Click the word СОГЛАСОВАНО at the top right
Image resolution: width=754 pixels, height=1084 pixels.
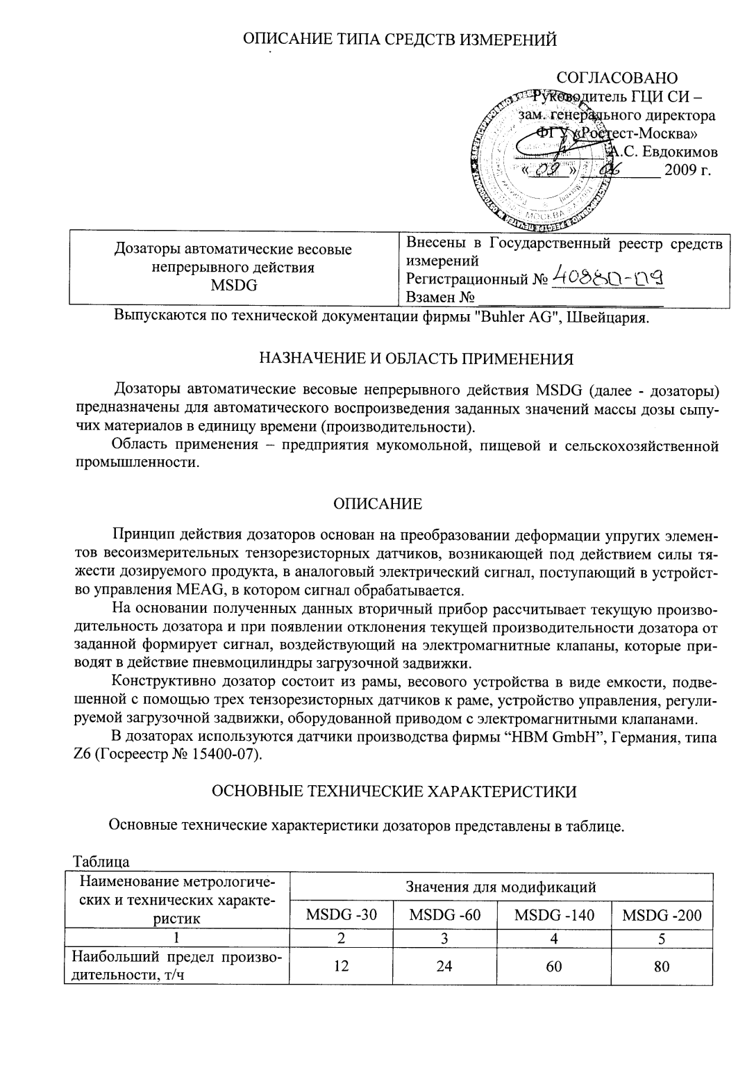(617, 78)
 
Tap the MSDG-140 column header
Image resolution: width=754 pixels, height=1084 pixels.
(553, 915)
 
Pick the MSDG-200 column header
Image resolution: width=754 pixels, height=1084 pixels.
(661, 915)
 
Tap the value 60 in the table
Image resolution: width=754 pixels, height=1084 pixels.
(553, 967)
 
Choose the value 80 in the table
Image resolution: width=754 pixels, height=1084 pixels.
(661, 967)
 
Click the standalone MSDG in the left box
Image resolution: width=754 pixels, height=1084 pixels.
(233, 285)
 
